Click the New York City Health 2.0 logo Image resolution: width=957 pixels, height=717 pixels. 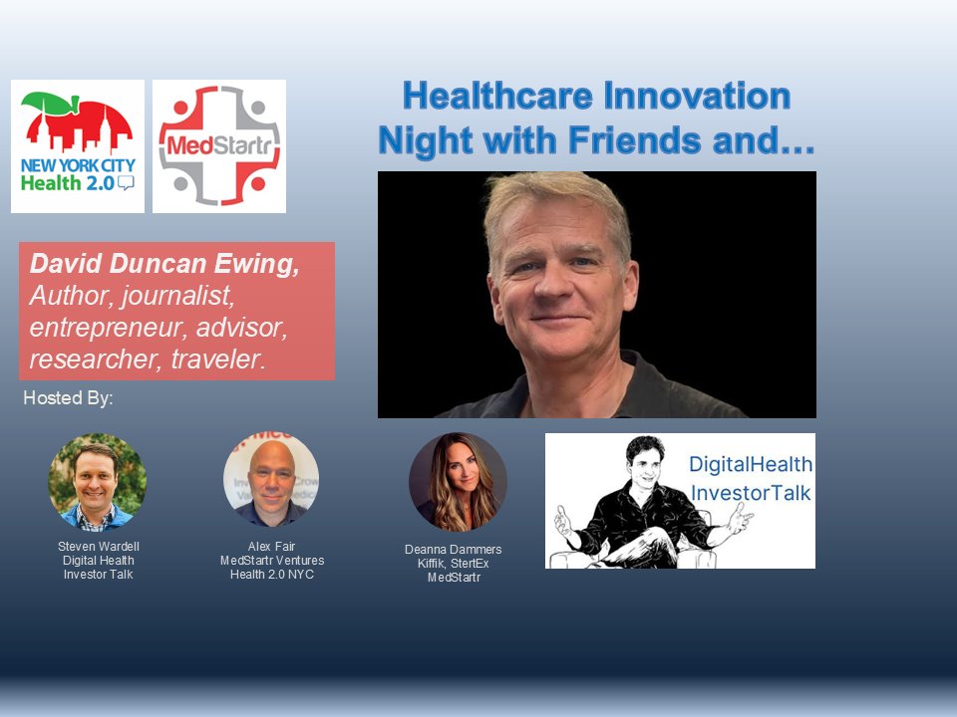coord(78,146)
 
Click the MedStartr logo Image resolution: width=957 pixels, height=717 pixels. coord(219,146)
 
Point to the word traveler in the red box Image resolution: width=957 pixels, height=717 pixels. coord(215,358)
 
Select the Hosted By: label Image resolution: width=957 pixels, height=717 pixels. coord(68,399)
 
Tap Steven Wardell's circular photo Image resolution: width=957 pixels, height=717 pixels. coord(98,482)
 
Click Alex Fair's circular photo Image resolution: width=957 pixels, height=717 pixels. coord(271,479)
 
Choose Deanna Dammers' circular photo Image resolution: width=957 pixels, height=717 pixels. coord(458,482)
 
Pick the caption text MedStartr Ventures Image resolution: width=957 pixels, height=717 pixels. coord(271,561)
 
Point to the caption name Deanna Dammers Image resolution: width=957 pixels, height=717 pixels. coord(454,550)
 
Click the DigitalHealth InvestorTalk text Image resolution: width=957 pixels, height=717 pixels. coord(751,477)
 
